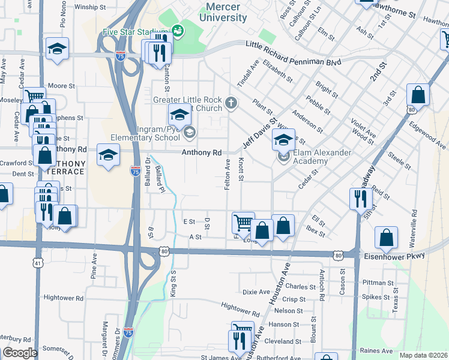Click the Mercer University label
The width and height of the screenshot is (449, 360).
point(226,12)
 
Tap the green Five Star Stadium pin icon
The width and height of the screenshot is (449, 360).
point(177,29)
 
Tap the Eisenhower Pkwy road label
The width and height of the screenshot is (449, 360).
point(394,256)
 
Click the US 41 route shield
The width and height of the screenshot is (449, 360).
point(38,263)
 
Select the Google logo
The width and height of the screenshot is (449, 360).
point(20,352)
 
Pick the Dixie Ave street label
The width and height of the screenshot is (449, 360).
point(256,292)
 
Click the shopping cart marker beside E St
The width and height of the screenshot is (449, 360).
point(243,223)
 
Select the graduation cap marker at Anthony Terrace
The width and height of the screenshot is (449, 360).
point(108,156)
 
